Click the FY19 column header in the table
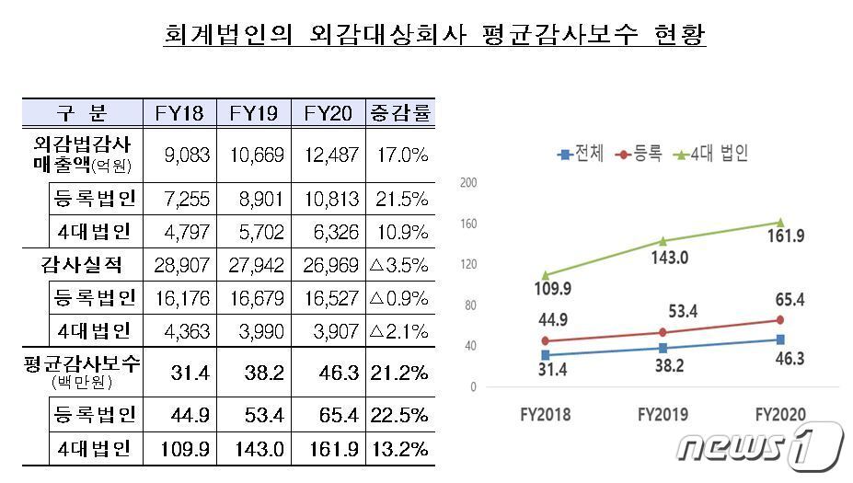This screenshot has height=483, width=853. pyautogui.click(x=253, y=113)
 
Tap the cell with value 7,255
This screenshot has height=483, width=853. pyautogui.click(x=179, y=200)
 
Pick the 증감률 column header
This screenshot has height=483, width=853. pyautogui.click(x=400, y=113)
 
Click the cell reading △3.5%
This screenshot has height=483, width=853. pyautogui.click(x=400, y=266)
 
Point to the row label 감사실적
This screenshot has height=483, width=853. pyautogui.click(x=82, y=266)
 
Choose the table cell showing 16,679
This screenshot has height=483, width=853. pyautogui.click(x=253, y=298)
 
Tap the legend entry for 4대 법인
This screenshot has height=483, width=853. pyautogui.click(x=712, y=154)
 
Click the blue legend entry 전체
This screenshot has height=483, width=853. pyautogui.click(x=582, y=154)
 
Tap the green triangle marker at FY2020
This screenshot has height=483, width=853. pyautogui.click(x=780, y=222)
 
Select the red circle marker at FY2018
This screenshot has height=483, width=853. pyautogui.click(x=546, y=341)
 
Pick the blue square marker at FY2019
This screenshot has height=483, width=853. pyautogui.click(x=663, y=348)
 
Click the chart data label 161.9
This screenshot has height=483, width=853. pyautogui.click(x=782, y=236)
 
